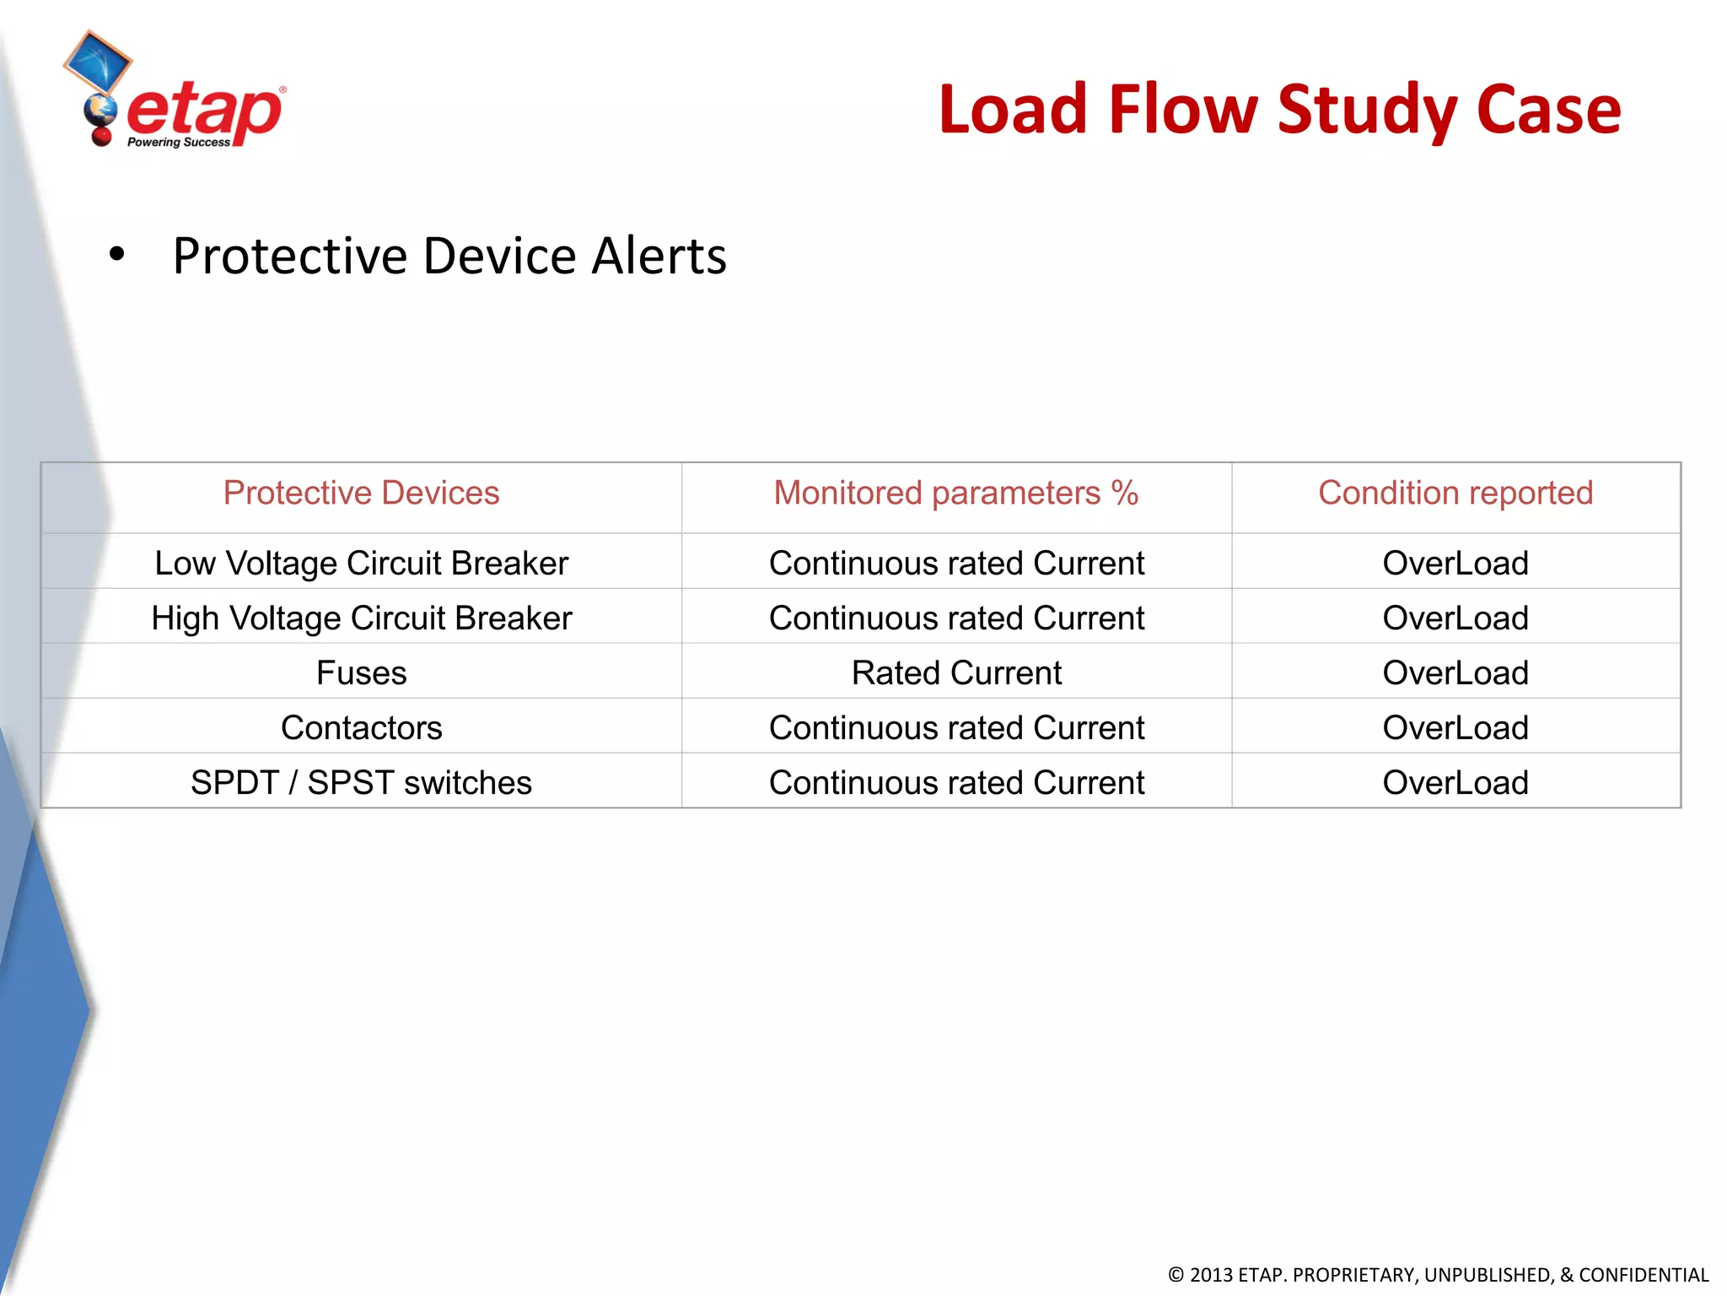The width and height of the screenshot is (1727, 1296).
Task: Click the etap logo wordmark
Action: (x=204, y=111)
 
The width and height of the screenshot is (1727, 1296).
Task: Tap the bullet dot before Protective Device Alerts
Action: (x=116, y=254)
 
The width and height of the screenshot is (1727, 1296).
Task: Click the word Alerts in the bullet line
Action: (x=659, y=256)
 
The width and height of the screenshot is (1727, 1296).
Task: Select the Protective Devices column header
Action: (x=361, y=493)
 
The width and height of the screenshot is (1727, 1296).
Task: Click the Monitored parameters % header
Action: (x=955, y=493)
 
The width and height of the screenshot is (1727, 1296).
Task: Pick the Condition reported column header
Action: (x=1455, y=493)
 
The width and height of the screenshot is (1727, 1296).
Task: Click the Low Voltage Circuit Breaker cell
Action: (x=361, y=563)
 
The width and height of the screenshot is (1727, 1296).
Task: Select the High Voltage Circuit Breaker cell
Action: (x=361, y=618)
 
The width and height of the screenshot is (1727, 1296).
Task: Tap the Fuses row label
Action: (x=361, y=672)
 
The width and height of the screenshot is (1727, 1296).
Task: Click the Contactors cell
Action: (x=361, y=727)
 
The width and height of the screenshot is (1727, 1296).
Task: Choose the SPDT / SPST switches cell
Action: (x=361, y=782)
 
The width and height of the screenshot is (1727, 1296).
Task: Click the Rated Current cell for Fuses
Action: (x=955, y=672)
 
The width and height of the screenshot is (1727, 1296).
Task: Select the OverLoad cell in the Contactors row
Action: (x=1455, y=727)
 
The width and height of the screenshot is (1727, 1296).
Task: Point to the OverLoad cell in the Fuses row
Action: (x=1455, y=672)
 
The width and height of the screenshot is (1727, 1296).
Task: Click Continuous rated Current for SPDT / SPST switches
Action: (x=955, y=782)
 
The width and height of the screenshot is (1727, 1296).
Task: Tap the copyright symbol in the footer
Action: (x=1176, y=1275)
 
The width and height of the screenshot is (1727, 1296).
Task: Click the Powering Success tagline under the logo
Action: (x=178, y=143)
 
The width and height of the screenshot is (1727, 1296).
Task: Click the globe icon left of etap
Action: (x=100, y=111)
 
